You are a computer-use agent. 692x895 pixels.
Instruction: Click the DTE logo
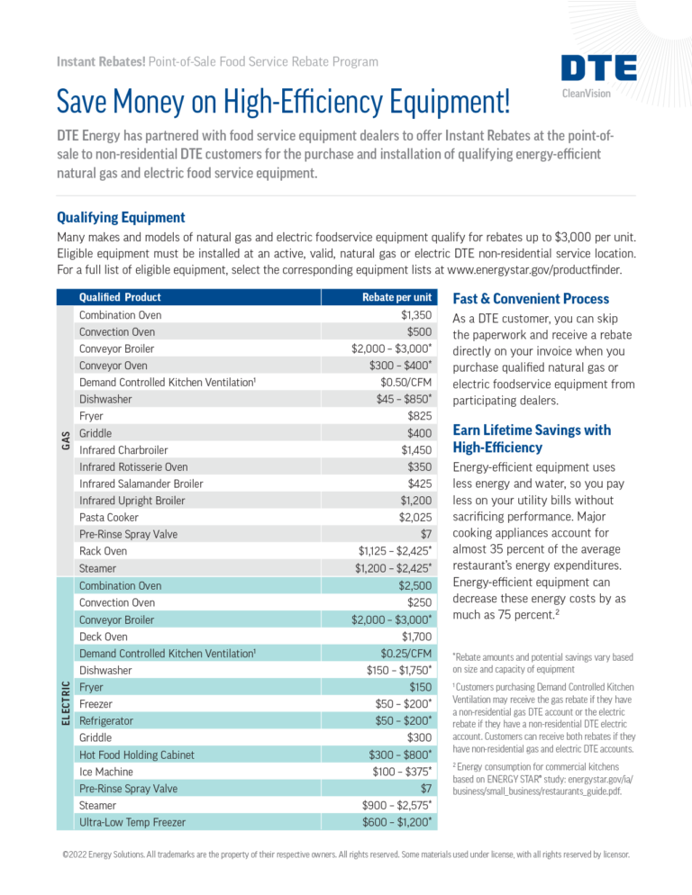tap(598, 68)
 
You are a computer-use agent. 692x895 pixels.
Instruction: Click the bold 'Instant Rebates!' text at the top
tap(94, 61)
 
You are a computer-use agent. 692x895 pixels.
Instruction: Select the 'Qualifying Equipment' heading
tap(121, 217)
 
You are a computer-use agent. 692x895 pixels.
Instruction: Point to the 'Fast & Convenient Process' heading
tap(531, 298)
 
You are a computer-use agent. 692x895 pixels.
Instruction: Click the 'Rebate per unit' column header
tap(396, 297)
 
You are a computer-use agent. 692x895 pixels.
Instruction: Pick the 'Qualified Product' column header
tap(120, 297)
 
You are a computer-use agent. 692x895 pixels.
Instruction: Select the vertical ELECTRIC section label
tap(66, 703)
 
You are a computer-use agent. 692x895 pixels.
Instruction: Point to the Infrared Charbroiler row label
tap(123, 449)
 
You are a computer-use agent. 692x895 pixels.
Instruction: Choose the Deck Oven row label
tap(105, 637)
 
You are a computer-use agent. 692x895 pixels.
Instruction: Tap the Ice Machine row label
tap(105, 772)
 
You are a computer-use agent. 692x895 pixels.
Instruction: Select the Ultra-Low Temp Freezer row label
tap(132, 821)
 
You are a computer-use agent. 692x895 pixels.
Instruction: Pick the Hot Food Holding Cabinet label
tap(136, 755)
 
